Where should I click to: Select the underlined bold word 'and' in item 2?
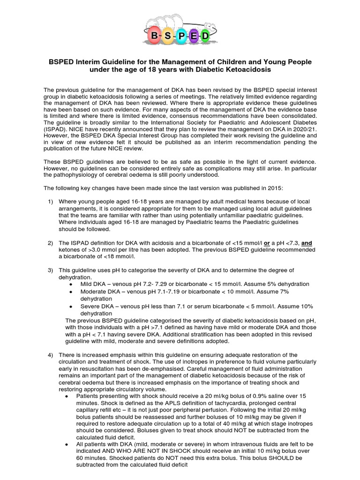click(x=307, y=243)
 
